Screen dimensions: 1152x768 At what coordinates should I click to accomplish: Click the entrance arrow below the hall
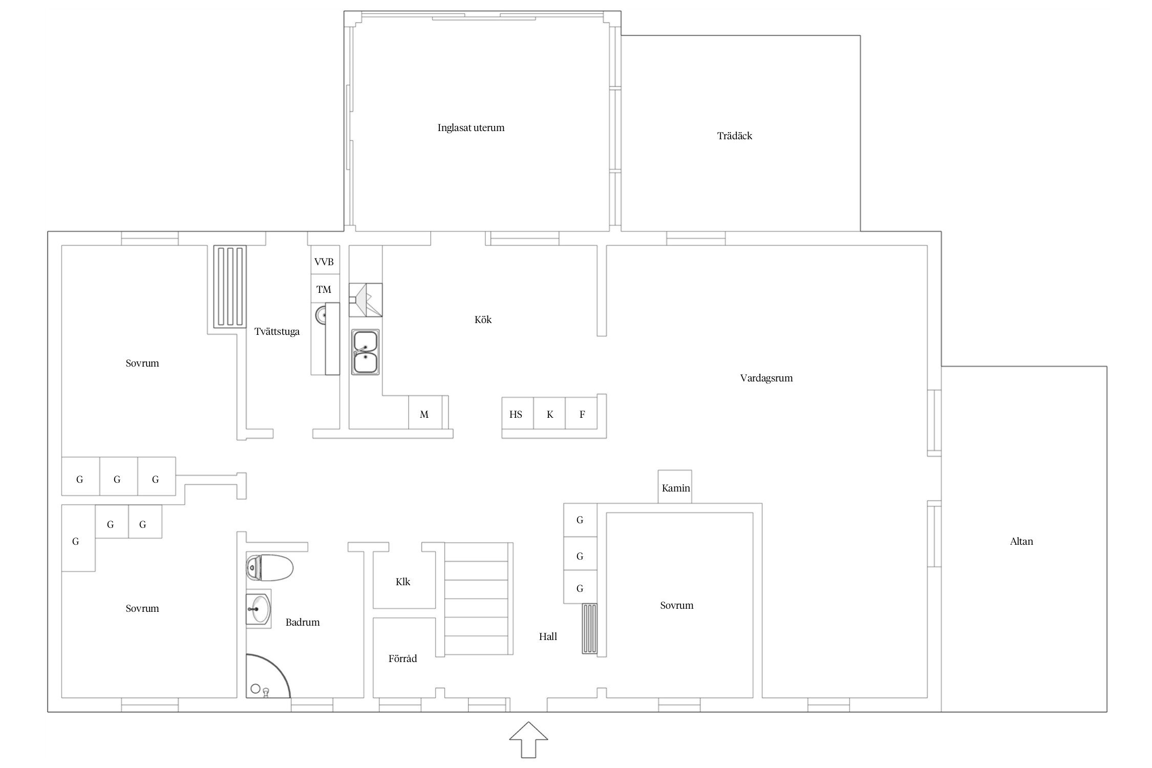(x=528, y=739)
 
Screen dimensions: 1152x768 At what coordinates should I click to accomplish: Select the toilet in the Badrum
(x=269, y=567)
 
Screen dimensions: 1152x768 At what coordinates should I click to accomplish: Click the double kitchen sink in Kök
(x=365, y=352)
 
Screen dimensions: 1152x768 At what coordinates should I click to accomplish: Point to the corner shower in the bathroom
(x=268, y=676)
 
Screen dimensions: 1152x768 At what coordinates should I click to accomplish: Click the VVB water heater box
(x=325, y=262)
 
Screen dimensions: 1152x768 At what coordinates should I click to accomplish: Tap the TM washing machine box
(x=325, y=289)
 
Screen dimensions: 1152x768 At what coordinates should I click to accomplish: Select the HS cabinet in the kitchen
(x=517, y=414)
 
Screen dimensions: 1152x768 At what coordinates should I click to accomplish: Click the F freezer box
(x=581, y=414)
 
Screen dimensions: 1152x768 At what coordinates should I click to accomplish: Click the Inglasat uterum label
(x=471, y=127)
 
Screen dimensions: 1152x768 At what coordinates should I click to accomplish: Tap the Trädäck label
(x=734, y=136)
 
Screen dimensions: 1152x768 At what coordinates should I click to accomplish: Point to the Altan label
(x=1021, y=541)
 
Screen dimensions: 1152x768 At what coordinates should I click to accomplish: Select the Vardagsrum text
(x=766, y=378)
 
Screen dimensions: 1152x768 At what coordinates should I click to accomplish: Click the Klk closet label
(x=403, y=582)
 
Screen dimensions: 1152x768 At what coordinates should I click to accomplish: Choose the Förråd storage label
(x=402, y=658)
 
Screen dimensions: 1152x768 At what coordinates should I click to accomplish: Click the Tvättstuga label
(x=277, y=332)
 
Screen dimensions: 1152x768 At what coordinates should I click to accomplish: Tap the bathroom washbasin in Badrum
(x=259, y=609)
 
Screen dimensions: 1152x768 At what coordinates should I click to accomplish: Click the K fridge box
(x=549, y=414)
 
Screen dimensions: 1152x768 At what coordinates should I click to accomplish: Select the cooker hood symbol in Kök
(x=366, y=300)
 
